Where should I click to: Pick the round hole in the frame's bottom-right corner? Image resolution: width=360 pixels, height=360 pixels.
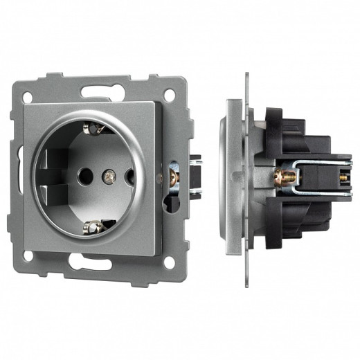(x=168, y=262)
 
